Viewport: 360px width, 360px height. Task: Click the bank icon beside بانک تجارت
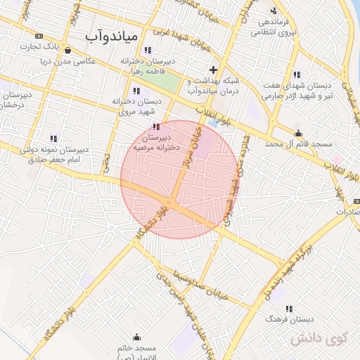(38, 36)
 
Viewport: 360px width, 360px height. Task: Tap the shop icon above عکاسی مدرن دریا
(66, 51)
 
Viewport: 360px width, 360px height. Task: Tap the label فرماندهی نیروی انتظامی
(273, 26)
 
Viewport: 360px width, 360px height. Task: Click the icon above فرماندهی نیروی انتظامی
(273, 11)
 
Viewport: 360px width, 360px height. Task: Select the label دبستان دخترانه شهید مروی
(136, 106)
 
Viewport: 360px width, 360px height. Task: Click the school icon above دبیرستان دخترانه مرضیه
(155, 127)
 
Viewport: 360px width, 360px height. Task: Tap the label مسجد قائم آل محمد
(298, 143)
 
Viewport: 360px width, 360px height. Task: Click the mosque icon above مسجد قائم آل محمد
(298, 134)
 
